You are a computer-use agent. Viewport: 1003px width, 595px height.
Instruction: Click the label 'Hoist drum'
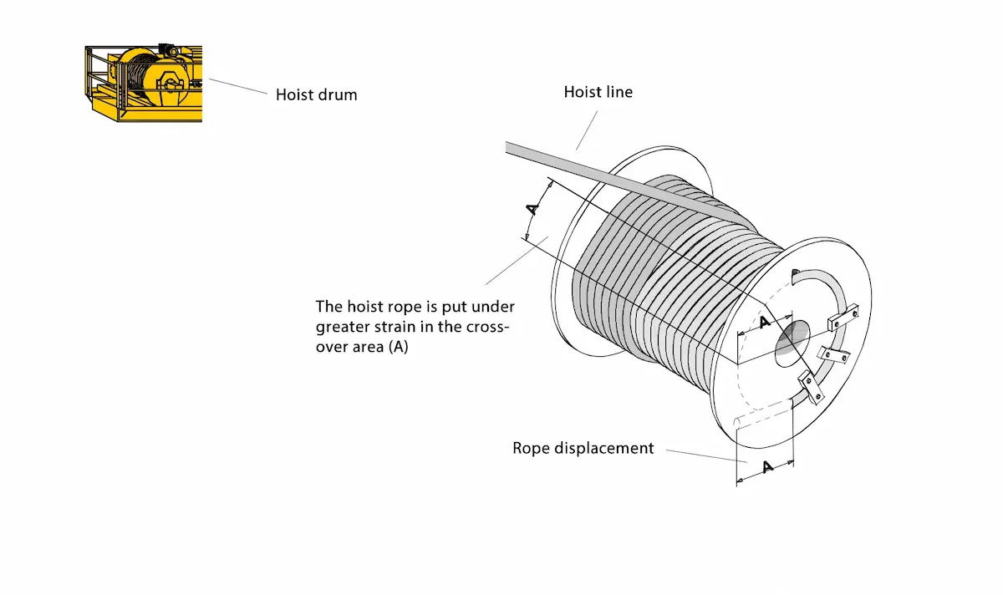click(316, 94)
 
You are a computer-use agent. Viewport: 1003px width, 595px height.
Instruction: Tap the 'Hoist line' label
click(598, 92)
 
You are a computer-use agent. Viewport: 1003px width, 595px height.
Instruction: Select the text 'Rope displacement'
click(583, 448)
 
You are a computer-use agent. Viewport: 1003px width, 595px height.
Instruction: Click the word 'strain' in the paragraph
click(412, 326)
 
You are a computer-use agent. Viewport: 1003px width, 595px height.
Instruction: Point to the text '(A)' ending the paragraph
click(398, 347)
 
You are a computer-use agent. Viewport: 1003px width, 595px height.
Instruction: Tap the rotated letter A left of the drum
click(532, 209)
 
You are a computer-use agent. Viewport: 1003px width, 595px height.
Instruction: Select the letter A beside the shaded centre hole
click(763, 323)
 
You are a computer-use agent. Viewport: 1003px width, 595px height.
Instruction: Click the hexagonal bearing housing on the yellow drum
click(171, 85)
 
